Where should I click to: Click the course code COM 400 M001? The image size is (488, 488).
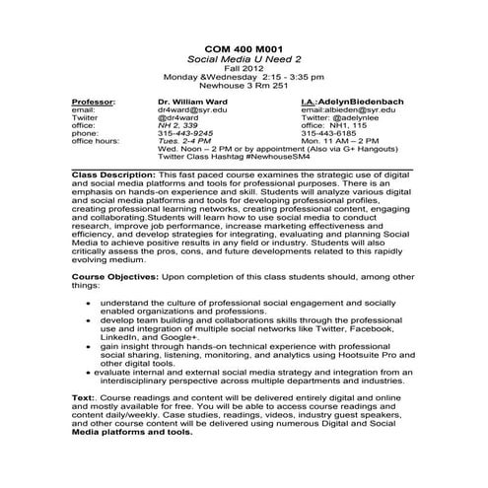click(243, 47)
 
